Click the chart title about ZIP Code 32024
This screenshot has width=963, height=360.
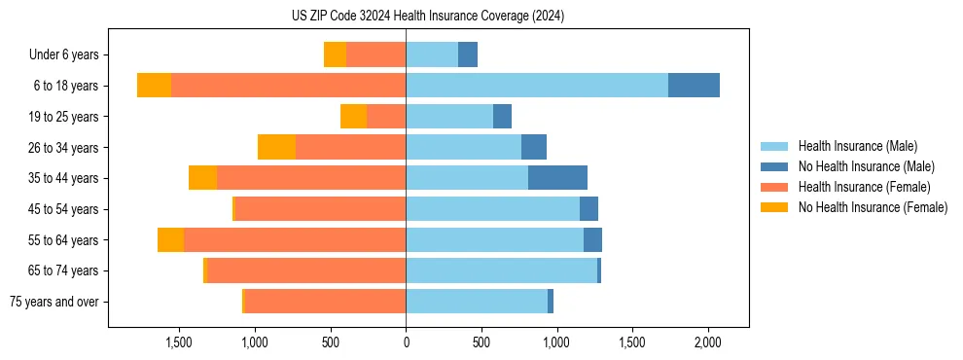(427, 17)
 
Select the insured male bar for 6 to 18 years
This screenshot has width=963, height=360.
(537, 86)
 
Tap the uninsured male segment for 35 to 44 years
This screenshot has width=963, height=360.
(557, 178)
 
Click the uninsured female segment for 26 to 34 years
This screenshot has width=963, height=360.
(276, 147)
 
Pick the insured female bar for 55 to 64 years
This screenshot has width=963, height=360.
(295, 239)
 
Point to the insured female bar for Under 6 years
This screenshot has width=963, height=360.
(375, 54)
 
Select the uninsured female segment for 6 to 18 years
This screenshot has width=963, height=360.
(154, 86)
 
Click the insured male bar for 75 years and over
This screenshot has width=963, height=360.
(477, 302)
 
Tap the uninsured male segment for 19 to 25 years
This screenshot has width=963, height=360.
(502, 117)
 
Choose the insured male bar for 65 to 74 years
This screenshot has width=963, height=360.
(501, 270)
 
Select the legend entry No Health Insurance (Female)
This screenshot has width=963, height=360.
(873, 207)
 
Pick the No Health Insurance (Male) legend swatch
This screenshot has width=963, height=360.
(774, 166)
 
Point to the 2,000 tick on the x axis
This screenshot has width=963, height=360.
(707, 342)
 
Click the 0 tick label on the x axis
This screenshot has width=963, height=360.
(406, 342)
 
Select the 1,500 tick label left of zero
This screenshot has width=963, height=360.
(179, 342)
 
